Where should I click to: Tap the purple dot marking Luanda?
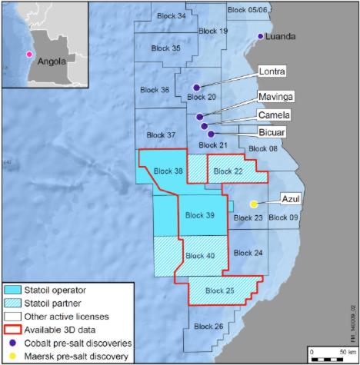261,36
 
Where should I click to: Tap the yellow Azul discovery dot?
253,204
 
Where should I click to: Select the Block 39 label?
199,217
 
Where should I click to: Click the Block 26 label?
208,327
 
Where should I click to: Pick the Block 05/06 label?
247,9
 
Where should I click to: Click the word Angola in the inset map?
55,61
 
